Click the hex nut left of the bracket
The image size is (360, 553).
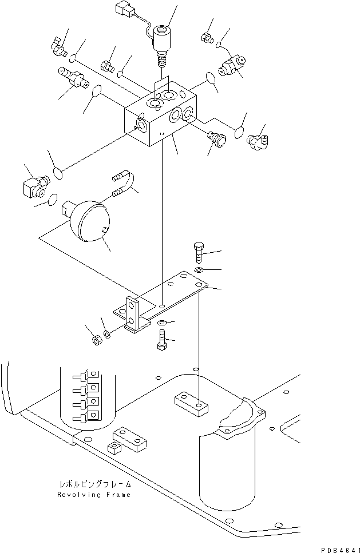97,341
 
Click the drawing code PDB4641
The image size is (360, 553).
339,548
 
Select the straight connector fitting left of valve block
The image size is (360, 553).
72,79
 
